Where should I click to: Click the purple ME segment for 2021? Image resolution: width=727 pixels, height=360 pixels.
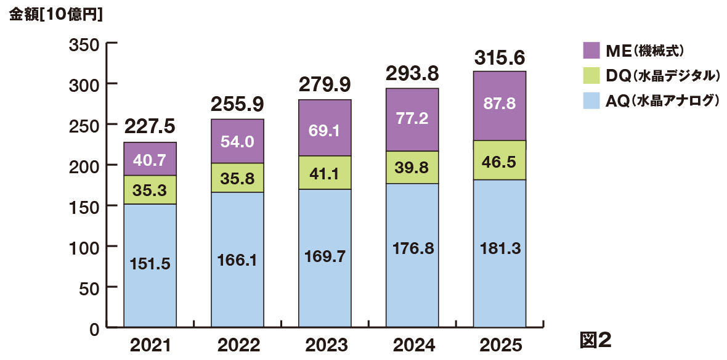point(150,159)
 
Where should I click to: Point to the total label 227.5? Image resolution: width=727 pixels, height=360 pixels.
point(150,126)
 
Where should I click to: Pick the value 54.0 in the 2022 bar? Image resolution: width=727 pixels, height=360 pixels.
point(237,141)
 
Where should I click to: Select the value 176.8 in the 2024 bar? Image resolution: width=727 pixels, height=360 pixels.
point(412,248)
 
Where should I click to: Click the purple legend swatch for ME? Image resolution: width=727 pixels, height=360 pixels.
point(591,50)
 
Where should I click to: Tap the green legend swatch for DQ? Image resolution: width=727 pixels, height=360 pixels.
point(591,75)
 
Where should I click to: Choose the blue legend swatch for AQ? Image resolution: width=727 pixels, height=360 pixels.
point(591,100)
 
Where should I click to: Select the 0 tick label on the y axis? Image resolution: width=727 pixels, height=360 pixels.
point(94,329)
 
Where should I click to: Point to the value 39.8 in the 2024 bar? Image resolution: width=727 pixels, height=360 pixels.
point(412,168)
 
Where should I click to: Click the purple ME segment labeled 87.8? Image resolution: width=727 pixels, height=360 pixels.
point(500,106)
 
